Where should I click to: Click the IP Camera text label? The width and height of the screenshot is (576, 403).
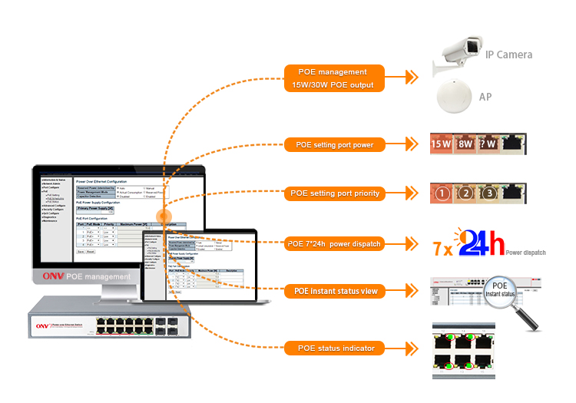[508, 55]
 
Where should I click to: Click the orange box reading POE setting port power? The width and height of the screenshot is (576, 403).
[334, 144]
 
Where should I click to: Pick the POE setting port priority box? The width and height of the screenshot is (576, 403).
[334, 193]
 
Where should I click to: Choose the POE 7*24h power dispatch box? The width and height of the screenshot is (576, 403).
[334, 244]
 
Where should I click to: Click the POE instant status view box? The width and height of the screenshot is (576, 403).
[334, 292]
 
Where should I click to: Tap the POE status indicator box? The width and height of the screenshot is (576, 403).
[334, 348]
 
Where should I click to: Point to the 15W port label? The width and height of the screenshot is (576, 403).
[441, 143]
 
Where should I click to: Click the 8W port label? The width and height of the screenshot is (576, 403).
[465, 143]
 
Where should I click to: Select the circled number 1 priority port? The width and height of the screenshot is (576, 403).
[442, 193]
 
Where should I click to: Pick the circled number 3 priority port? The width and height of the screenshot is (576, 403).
[490, 193]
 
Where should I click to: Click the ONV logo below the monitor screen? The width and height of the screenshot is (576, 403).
[54, 276]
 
